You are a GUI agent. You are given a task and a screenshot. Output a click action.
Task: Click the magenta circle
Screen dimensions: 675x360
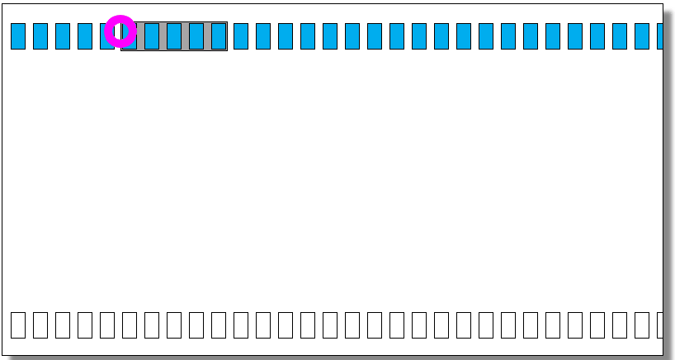120,31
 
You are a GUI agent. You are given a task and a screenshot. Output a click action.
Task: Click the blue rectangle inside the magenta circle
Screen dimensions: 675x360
129,36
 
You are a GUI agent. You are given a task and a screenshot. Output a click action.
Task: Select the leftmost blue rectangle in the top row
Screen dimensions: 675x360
18,36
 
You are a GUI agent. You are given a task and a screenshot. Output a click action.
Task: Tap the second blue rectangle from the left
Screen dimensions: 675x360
40,36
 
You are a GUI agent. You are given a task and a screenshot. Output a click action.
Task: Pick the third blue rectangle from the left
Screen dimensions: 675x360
63,36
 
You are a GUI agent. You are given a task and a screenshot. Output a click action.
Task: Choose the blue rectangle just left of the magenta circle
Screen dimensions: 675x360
106,36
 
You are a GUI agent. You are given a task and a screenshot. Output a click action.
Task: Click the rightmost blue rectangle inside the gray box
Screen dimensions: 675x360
219,36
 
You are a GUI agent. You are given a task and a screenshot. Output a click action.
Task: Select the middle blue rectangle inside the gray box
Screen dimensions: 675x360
174,36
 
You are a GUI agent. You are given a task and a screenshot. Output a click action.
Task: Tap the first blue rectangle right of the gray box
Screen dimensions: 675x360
241,36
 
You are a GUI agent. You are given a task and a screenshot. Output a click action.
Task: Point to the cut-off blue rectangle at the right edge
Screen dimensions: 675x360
659,36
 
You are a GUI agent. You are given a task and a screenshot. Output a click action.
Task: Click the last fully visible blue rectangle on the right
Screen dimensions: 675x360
642,36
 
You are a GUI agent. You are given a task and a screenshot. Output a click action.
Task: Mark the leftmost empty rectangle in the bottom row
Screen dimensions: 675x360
18,324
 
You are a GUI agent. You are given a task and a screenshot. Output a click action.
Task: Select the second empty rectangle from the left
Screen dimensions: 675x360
40,324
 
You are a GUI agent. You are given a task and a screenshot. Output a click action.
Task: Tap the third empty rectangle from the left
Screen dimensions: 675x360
63,324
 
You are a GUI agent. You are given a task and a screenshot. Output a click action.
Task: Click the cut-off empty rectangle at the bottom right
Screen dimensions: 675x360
659,324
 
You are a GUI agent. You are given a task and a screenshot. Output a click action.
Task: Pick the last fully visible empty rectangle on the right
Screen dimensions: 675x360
642,324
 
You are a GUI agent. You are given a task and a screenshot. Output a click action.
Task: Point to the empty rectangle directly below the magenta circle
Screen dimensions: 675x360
130,324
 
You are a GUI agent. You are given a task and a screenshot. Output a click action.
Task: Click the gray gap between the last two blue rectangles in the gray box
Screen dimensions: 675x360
207,36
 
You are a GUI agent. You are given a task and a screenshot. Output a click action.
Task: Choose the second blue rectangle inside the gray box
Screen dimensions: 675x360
152,36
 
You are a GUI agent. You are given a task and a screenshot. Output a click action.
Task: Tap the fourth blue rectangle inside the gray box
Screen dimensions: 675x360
196,36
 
